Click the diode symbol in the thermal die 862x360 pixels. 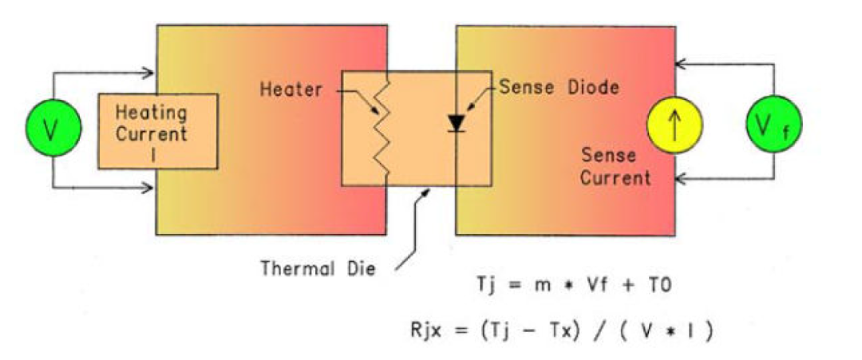pos(457,123)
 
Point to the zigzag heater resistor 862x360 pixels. pos(385,128)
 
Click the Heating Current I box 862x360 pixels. pos(158,131)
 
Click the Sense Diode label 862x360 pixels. pos(558,87)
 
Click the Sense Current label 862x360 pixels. pos(615,166)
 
